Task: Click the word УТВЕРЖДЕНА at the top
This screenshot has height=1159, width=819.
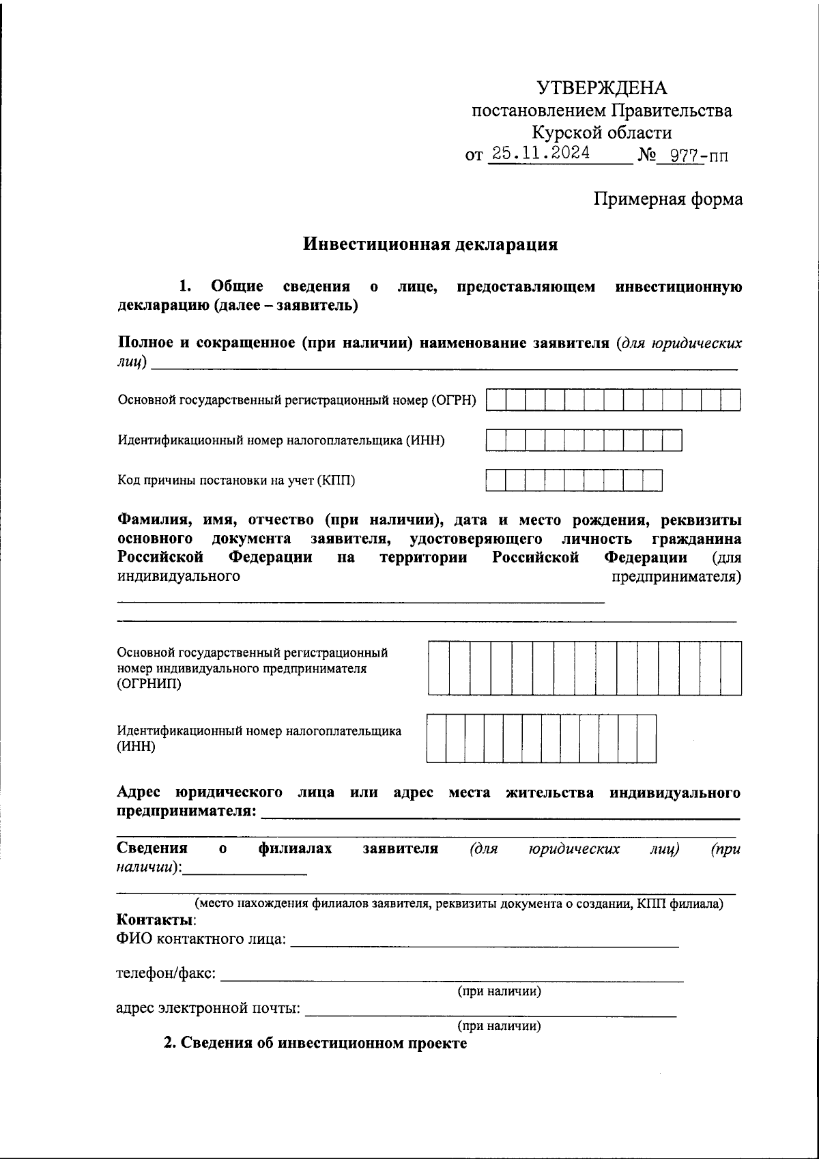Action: click(601, 88)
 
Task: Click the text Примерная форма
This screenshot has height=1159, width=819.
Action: click(667, 199)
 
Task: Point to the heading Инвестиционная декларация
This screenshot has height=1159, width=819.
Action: click(430, 244)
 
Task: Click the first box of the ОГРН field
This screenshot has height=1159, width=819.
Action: click(496, 400)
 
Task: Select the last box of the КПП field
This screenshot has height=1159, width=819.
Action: click(652, 481)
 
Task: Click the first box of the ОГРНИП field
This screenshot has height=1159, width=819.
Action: click(439, 668)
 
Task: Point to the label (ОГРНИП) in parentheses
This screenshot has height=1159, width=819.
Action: click(149, 684)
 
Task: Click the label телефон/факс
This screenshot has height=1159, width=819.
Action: click(167, 973)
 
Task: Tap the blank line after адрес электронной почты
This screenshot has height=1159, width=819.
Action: click(490, 1012)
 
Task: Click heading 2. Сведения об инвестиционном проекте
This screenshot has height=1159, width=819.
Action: click(315, 1044)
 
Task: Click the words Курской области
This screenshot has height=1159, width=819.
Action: click(601, 132)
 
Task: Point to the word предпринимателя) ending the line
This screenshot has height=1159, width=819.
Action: click(676, 577)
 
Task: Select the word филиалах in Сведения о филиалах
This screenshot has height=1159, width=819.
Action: click(295, 848)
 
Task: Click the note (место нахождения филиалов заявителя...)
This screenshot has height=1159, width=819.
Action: click(459, 904)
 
